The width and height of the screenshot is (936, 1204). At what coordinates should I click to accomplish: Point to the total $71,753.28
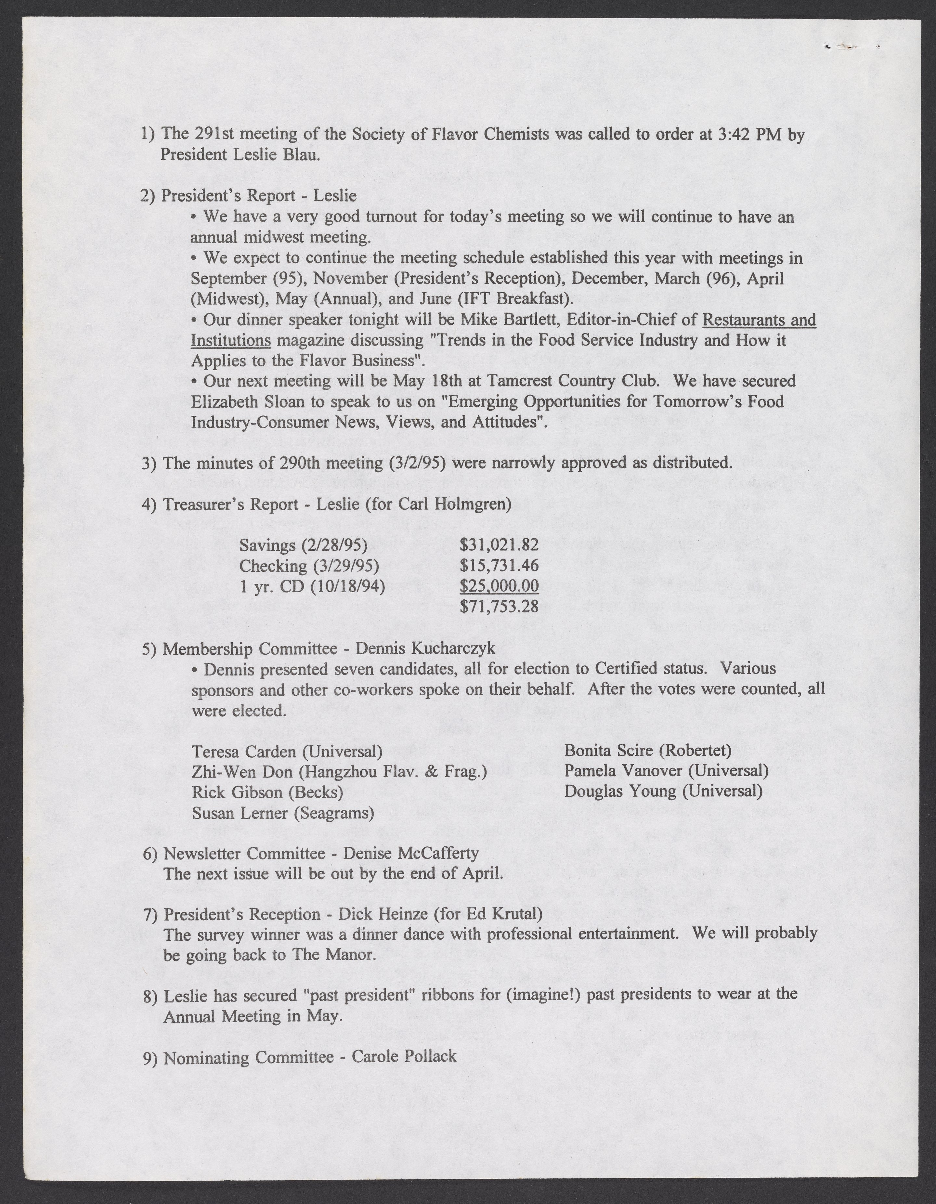pos(499,607)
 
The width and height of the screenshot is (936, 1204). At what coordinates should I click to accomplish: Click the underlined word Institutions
pos(230,341)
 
